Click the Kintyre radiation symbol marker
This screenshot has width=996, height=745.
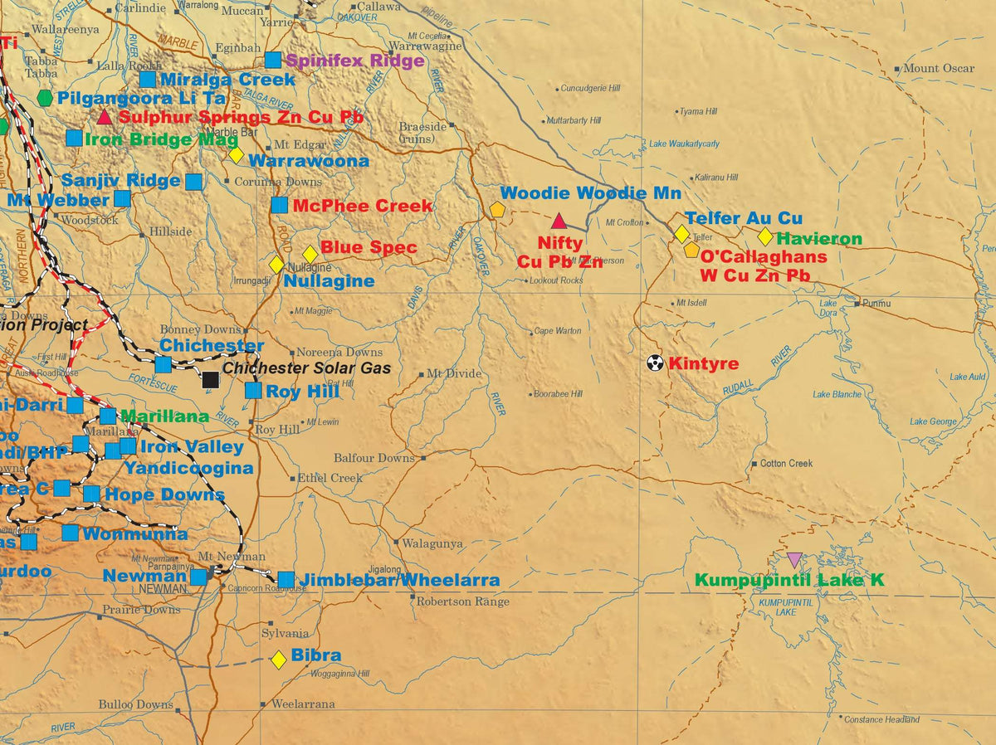tap(655, 363)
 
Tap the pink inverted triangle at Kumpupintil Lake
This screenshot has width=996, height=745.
tap(794, 560)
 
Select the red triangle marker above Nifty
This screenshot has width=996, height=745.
tap(559, 221)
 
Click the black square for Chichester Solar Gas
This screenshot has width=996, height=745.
tap(211, 380)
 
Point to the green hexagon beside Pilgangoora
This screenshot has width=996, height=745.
tap(45, 98)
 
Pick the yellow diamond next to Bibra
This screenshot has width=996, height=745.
tap(279, 660)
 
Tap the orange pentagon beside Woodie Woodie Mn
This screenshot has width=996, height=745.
tap(497, 210)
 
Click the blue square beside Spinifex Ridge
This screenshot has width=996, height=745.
tap(273, 60)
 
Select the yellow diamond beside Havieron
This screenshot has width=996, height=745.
tap(765, 236)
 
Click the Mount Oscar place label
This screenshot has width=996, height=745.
tap(939, 68)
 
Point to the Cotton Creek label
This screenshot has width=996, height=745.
tap(786, 463)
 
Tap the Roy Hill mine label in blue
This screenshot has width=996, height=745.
tap(303, 392)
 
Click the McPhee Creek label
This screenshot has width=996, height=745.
tap(362, 206)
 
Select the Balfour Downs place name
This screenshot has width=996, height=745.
tap(373, 458)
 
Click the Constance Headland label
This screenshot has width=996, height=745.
tap(881, 719)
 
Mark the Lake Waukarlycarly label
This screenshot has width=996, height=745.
tap(684, 144)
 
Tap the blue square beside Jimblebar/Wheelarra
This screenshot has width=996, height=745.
tap(286, 579)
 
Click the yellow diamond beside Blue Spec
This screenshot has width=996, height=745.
tap(310, 254)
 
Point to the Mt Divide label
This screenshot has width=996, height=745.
tap(454, 373)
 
